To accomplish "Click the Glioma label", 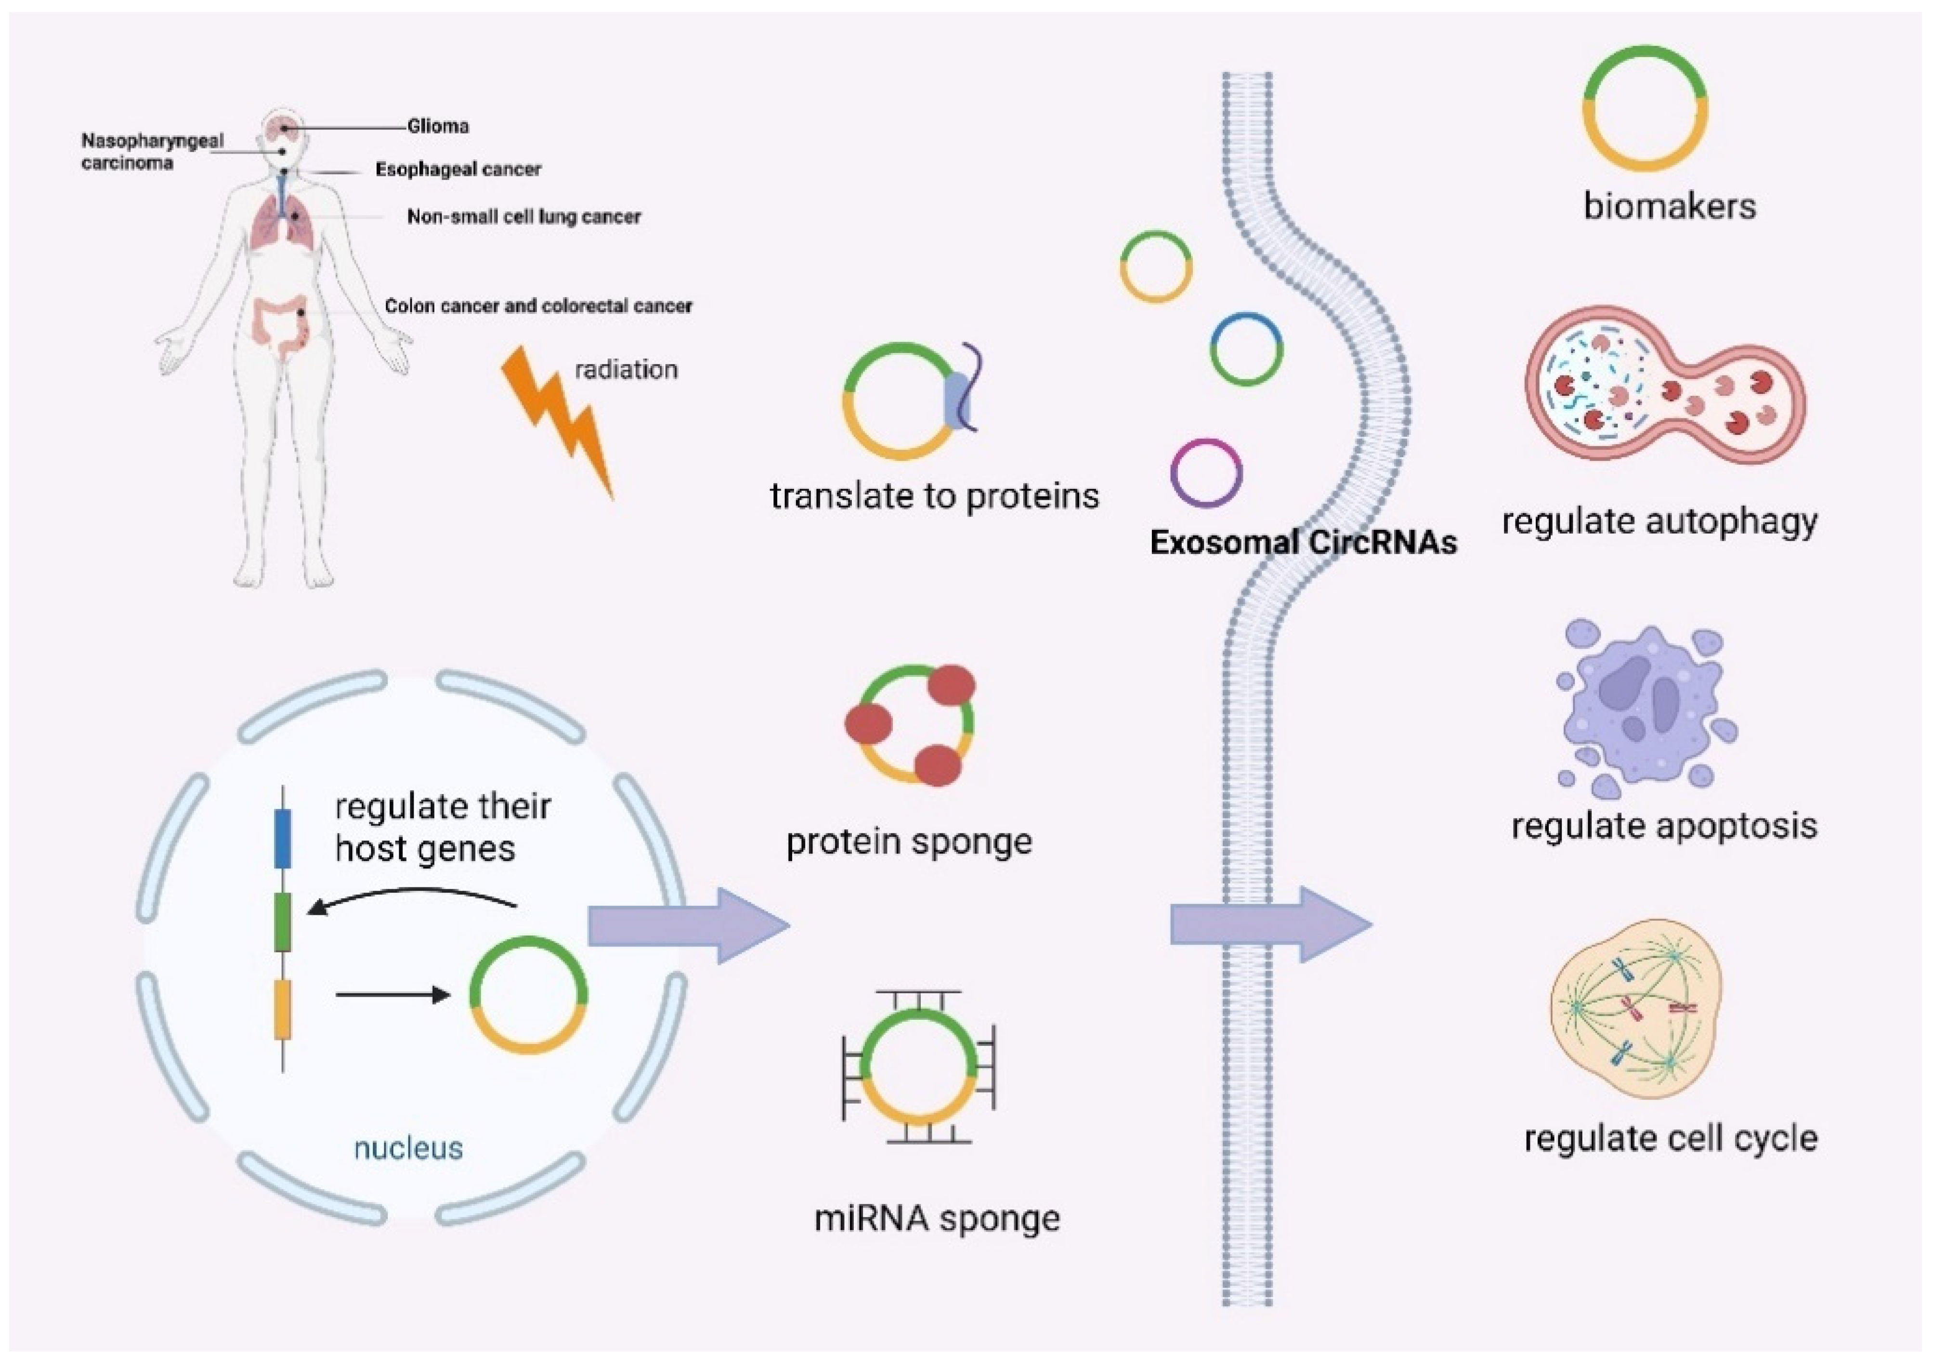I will pyautogui.click(x=438, y=126).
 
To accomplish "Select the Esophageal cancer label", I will pyautogui.click(x=458, y=169).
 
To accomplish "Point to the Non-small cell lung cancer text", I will pyautogui.click(x=523, y=216).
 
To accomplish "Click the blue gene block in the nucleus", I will pyautogui.click(x=283, y=839).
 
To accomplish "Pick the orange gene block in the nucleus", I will pyautogui.click(x=283, y=1010).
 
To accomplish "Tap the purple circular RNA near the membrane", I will pyautogui.click(x=1206, y=472).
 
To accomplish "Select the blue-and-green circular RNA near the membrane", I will pyautogui.click(x=1246, y=349).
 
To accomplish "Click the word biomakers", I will pyautogui.click(x=1670, y=206).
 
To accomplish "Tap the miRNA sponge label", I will pyautogui.click(x=937, y=1218).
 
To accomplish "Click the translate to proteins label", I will pyautogui.click(x=935, y=496).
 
